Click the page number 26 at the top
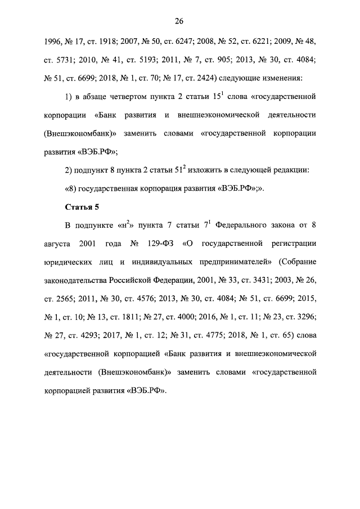point(179,21)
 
